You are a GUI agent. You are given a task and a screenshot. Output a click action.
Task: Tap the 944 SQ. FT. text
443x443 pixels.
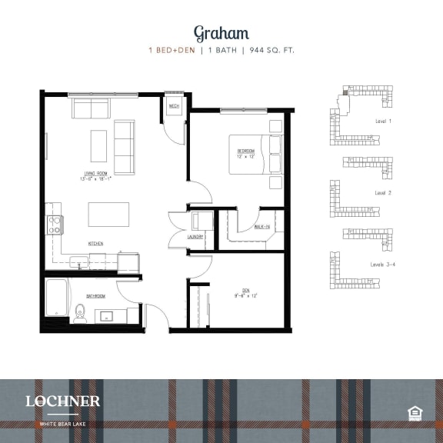tap(269, 51)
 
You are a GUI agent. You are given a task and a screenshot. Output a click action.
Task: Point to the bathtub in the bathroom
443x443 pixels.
tap(56, 300)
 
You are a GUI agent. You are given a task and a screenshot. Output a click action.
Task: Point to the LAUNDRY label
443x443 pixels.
tap(195, 237)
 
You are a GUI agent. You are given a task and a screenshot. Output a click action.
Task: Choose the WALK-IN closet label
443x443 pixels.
tap(261, 226)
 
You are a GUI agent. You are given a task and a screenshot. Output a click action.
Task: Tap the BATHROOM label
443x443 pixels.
tap(95, 295)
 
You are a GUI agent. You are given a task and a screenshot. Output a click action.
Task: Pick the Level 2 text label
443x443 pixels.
tap(383, 192)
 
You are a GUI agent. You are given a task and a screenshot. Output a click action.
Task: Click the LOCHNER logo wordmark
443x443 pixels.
tap(62, 401)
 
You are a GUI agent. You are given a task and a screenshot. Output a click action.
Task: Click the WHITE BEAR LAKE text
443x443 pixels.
tap(62, 422)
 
